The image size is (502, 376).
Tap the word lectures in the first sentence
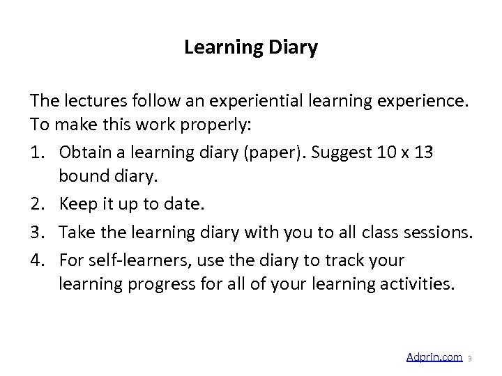point(91,102)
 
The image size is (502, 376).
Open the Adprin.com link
point(434,357)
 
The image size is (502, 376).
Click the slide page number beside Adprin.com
point(470,359)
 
